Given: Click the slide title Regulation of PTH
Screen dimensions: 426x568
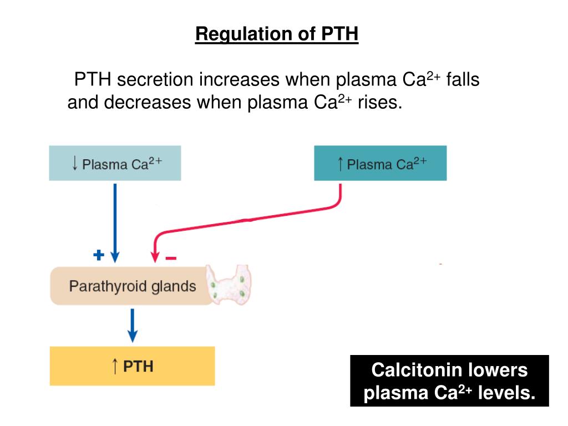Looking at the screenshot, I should pos(277,34).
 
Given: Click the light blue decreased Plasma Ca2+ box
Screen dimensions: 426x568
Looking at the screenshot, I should pos(115,163).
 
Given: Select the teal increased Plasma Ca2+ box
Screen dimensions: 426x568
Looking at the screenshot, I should pos(380,163).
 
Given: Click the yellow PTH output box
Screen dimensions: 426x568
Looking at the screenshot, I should pos(132,366).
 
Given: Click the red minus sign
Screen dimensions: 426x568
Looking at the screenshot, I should pos(171,258).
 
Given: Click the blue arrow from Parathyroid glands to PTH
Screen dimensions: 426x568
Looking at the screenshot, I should pos(132,326).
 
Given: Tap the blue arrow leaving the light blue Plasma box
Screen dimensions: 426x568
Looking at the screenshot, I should pos(115,222).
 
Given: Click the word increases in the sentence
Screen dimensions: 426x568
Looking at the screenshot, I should pos(239,80).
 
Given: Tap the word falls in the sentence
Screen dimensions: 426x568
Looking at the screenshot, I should pos(463,80).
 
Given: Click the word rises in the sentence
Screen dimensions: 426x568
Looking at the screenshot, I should pos(379,103).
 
